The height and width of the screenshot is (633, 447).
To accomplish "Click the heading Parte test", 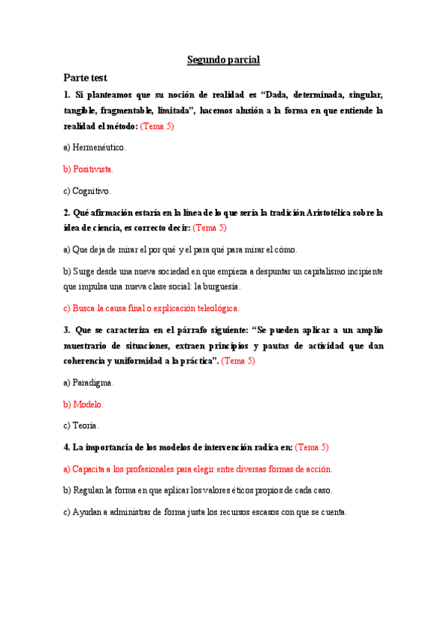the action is [85, 77].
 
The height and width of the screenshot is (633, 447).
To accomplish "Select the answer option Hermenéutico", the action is [95, 147].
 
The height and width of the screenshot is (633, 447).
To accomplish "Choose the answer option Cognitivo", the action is [87, 190].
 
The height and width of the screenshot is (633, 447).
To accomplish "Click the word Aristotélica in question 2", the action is [330, 212].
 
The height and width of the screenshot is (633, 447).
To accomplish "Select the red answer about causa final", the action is [151, 308].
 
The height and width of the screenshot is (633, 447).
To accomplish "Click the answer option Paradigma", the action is [89, 382].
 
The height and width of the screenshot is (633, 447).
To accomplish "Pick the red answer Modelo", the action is [84, 404].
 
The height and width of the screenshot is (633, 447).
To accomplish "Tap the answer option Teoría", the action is [81, 425].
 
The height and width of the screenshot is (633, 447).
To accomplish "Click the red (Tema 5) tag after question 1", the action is [157, 126].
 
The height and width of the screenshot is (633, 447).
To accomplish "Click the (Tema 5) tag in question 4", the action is [312, 447].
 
